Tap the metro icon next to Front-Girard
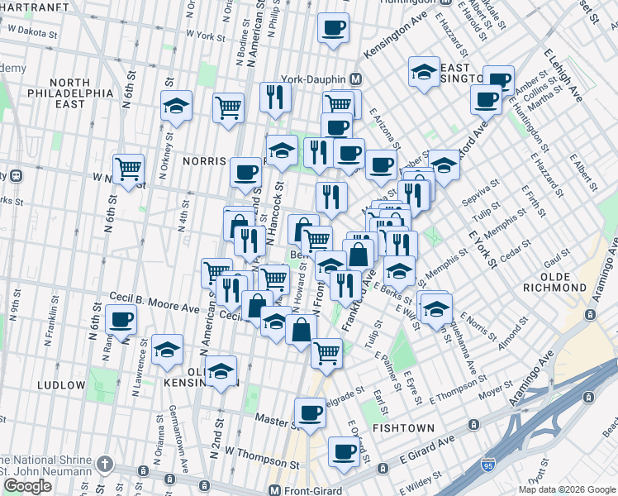coord(274,489)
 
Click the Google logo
coord(27,486)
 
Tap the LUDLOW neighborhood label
coord(61,385)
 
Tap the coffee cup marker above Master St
coord(311,412)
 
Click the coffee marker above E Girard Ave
coord(344,451)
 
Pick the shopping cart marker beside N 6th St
coord(128,169)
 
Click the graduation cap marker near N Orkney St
coord(176,106)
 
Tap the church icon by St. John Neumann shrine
coord(105,463)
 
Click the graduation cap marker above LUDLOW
coord(167,349)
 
